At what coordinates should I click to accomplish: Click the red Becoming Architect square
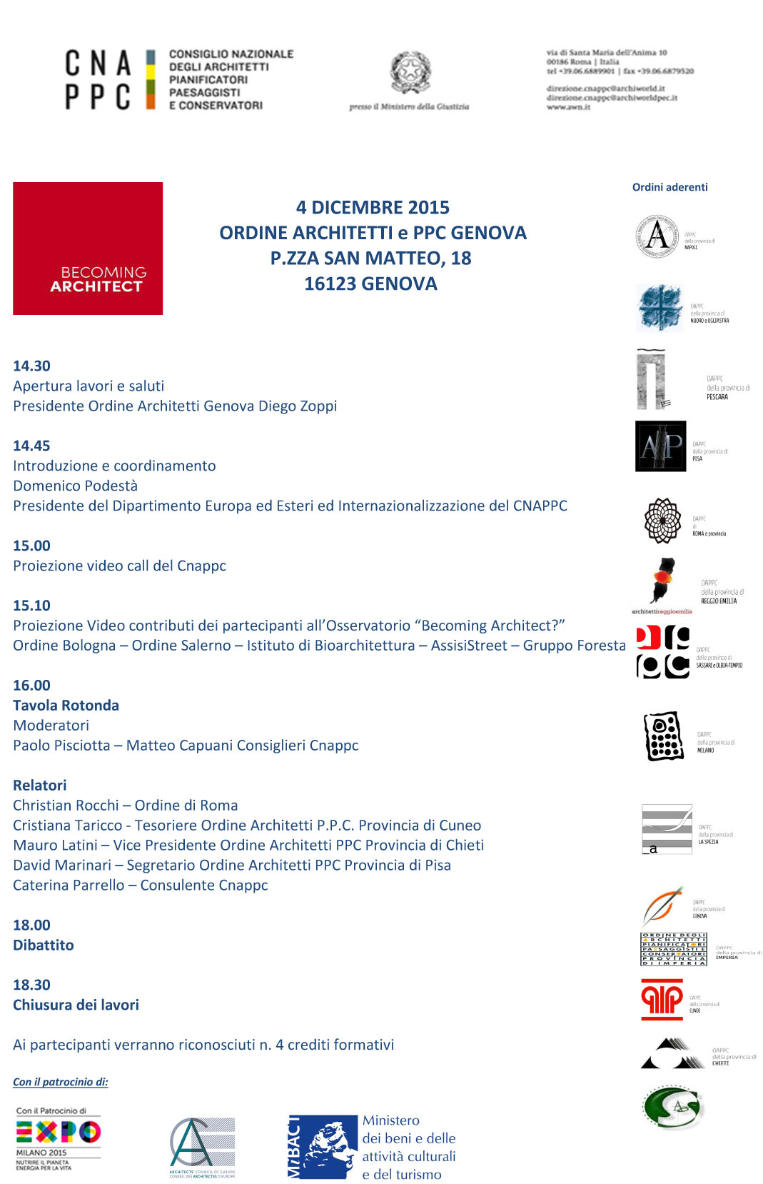coord(88,248)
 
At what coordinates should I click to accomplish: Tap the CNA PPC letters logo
coord(98,79)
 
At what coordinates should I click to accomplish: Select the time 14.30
coord(32,366)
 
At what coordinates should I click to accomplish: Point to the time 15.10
coord(32,606)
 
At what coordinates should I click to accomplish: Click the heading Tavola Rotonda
coord(66,706)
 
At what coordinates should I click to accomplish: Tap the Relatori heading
coord(40,786)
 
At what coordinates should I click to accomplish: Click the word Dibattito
coord(44,945)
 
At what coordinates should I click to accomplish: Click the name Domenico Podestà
coord(75,486)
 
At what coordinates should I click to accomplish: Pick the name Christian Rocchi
coord(66,806)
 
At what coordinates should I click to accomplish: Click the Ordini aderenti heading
coord(669,187)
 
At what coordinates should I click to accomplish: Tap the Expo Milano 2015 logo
coord(59,1139)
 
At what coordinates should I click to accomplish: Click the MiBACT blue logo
coord(323,1146)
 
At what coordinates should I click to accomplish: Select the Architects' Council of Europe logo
coord(202,1146)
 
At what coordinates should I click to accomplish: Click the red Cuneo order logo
coord(662,999)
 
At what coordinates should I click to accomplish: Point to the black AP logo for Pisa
coord(660,446)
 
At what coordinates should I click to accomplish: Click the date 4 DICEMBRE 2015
coord(373,208)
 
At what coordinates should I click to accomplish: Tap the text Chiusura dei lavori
coord(76,1005)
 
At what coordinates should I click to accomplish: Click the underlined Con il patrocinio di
coord(61,1082)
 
